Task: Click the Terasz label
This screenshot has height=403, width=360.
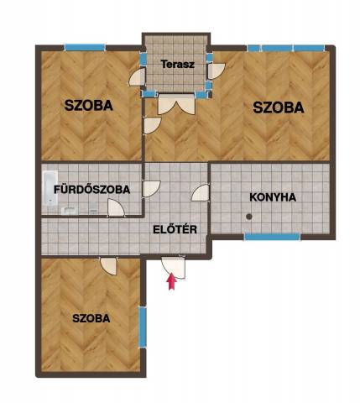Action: (x=178, y=65)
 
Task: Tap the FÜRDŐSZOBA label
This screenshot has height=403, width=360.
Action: (x=92, y=189)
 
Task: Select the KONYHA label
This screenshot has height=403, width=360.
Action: (x=273, y=197)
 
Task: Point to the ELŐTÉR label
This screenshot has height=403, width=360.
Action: (x=175, y=229)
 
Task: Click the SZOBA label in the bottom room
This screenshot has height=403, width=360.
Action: (x=91, y=318)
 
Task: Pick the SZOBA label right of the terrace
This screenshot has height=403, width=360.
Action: (x=279, y=107)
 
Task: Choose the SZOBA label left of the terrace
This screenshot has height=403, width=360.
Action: (x=89, y=105)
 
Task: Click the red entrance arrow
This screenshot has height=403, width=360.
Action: (x=171, y=282)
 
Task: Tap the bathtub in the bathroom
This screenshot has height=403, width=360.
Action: (x=50, y=187)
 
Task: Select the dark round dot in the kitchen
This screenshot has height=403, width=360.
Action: (x=248, y=217)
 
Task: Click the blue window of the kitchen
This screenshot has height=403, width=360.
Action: (x=272, y=237)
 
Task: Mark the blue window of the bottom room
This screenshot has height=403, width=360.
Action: (x=143, y=327)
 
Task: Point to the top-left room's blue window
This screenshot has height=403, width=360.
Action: (x=85, y=47)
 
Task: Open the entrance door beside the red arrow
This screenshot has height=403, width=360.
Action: (x=174, y=267)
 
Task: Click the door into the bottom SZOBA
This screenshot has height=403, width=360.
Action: (x=108, y=266)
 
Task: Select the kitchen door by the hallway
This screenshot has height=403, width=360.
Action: (x=201, y=192)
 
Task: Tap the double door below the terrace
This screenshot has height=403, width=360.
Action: (x=176, y=104)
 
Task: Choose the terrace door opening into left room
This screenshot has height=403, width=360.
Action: (x=137, y=77)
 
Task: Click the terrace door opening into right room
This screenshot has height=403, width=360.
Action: (x=217, y=71)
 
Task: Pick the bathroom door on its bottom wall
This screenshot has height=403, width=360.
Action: (x=116, y=207)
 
